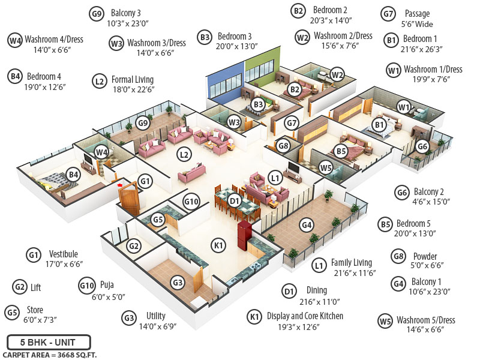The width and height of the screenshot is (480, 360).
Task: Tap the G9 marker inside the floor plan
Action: tap(142, 123)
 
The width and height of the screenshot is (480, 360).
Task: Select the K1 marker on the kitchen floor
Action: tap(218, 245)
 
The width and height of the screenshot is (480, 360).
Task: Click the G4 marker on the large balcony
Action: tap(307, 225)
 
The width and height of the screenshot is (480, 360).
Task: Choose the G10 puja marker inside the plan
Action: tap(191, 201)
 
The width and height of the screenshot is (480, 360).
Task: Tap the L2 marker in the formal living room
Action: tap(184, 154)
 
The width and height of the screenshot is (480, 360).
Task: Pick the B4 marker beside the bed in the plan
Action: tap(73, 175)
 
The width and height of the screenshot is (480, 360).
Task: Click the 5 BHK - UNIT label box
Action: tap(49, 343)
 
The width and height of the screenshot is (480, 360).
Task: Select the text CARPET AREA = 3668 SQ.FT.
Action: tap(49, 355)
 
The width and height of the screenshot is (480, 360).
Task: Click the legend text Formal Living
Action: tap(132, 79)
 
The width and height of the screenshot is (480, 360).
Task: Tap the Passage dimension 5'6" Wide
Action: tap(416, 25)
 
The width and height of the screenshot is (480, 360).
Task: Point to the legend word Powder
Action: tap(425, 257)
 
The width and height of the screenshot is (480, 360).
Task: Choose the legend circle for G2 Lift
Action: tap(20, 287)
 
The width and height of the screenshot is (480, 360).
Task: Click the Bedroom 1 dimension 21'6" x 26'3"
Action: tap(421, 50)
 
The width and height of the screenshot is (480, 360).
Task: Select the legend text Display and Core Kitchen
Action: tap(305, 316)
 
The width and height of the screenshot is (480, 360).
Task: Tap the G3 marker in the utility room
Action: tap(178, 282)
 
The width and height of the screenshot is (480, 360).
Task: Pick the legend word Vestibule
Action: tap(63, 254)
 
